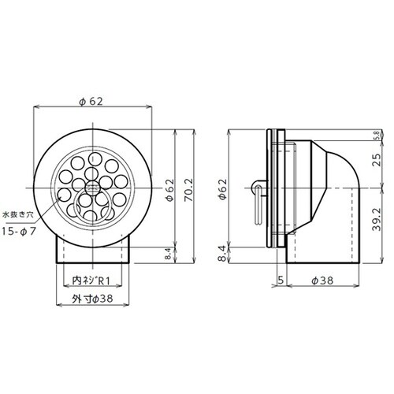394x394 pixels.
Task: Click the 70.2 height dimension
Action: [x=189, y=190]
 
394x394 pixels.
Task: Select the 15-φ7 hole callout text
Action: [x=19, y=232]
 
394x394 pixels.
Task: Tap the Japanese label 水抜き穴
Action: [x=17, y=214]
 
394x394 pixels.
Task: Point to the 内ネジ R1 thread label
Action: [x=91, y=281]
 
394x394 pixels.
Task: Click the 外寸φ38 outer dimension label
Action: [x=92, y=299]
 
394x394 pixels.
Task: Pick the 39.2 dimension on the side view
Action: [x=377, y=219]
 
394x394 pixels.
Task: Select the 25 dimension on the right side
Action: [x=377, y=160]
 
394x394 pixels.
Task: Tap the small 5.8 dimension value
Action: [x=378, y=135]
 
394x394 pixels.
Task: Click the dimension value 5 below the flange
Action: [x=281, y=281]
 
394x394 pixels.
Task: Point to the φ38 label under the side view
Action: [x=322, y=281]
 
